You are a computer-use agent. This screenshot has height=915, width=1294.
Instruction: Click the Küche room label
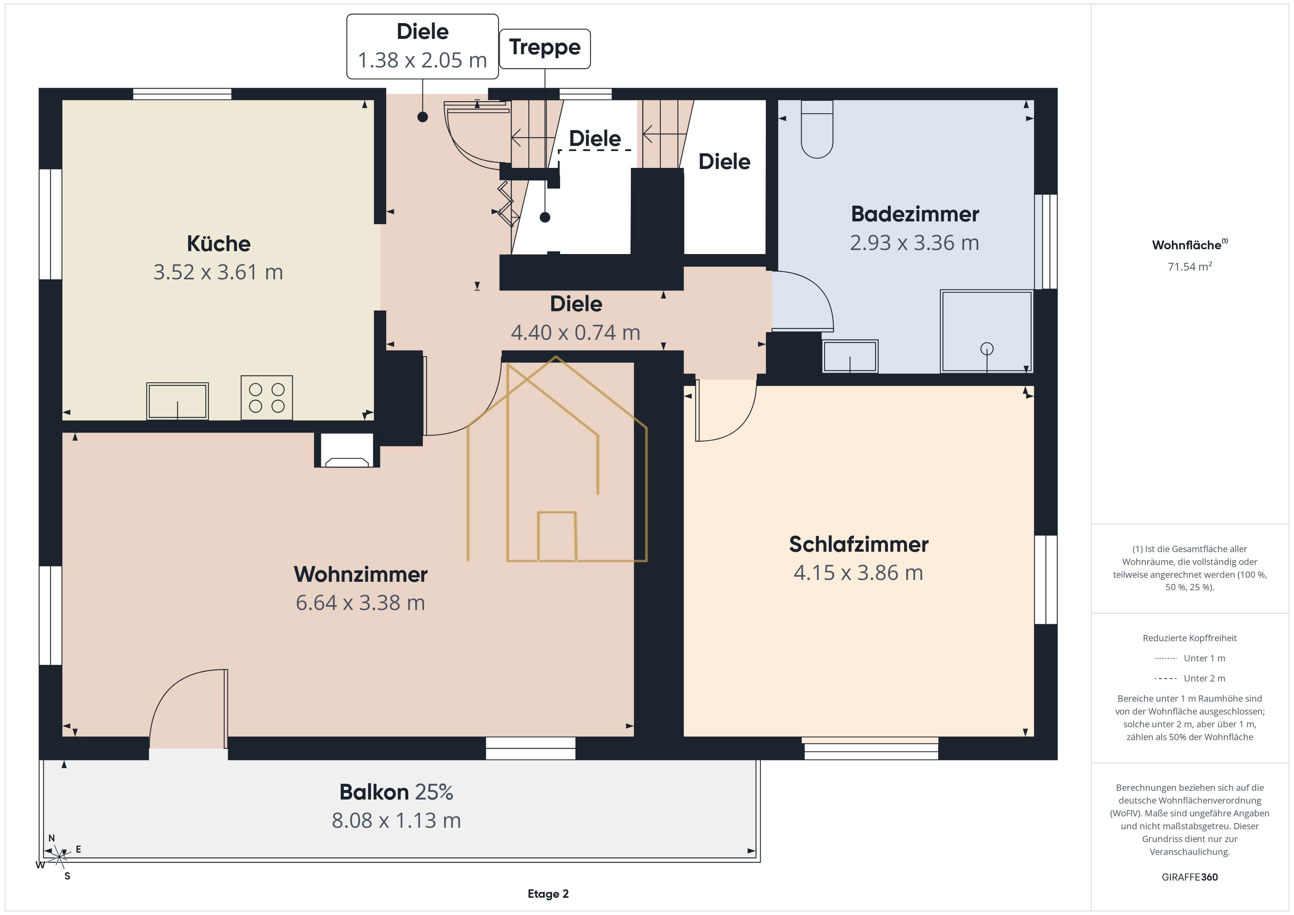pyautogui.click(x=219, y=244)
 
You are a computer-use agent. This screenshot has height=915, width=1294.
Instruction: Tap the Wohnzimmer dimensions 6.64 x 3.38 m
pyautogui.click(x=361, y=603)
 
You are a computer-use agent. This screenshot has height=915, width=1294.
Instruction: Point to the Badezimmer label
pyautogui.click(x=915, y=214)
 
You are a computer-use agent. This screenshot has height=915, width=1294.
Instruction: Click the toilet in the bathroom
pyautogui.click(x=817, y=129)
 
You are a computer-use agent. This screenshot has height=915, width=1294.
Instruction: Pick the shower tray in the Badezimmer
pyautogui.click(x=986, y=331)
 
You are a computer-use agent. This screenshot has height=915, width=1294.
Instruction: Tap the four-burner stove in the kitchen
pyautogui.click(x=267, y=398)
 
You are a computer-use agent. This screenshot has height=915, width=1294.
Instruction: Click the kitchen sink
pyautogui.click(x=178, y=401)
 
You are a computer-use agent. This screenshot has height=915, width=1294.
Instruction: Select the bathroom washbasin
pyautogui.click(x=850, y=356)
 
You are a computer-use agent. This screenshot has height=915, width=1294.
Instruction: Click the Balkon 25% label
pyautogui.click(x=396, y=792)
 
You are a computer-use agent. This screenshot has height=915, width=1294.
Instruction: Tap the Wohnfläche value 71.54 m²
pyautogui.click(x=1190, y=267)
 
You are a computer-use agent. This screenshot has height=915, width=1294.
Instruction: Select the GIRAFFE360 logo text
pyautogui.click(x=1190, y=877)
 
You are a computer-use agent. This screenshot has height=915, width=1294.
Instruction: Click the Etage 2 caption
pyautogui.click(x=548, y=894)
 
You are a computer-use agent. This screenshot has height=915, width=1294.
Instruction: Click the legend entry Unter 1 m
pyautogui.click(x=1190, y=658)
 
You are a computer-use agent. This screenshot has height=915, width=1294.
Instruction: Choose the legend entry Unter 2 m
pyautogui.click(x=1190, y=678)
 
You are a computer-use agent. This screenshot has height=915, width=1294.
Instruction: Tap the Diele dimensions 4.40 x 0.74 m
pyautogui.click(x=576, y=333)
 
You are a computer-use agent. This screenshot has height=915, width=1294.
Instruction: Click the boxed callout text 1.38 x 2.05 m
pyautogui.click(x=423, y=60)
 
